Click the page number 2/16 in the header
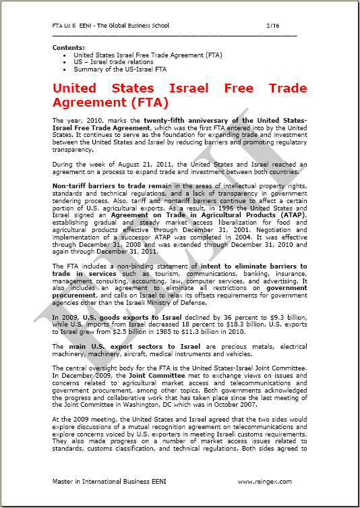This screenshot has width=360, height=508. pos(273,26)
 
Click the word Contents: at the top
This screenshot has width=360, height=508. pos(69,47)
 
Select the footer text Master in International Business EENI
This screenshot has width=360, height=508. pos(102,481)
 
